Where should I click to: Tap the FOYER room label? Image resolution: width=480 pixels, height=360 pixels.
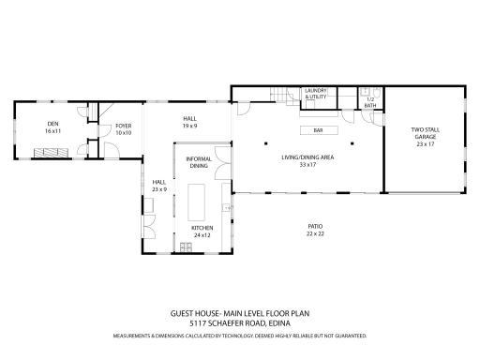click(x=123, y=126)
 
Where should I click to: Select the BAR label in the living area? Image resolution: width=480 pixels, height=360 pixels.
click(x=319, y=130)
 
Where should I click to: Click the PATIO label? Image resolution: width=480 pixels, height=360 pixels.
click(x=315, y=226)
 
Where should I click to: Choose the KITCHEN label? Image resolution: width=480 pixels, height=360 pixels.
click(x=203, y=229)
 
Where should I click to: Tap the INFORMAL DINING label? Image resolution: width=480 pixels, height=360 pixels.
click(x=198, y=162)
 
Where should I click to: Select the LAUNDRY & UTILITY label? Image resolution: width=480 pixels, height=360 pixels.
click(x=314, y=93)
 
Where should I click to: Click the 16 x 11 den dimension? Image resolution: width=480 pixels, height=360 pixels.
click(x=52, y=131)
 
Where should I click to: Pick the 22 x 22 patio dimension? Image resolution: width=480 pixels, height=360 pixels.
click(x=315, y=233)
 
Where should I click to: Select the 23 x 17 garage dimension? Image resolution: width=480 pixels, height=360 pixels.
click(x=426, y=144)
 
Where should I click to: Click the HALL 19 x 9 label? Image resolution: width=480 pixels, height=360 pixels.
click(x=190, y=122)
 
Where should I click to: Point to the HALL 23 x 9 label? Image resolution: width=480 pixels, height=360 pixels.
click(x=158, y=186)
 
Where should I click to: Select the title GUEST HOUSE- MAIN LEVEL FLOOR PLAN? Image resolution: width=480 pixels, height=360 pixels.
click(x=239, y=315)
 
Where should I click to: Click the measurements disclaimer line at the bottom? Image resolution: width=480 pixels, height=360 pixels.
click(x=239, y=334)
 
